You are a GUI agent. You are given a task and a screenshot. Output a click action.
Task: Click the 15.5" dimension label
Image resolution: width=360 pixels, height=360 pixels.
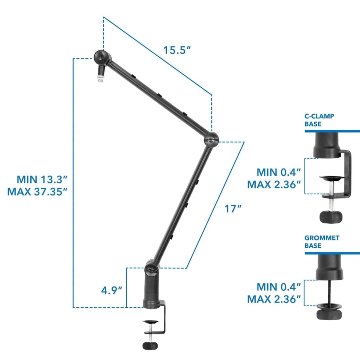pyautogui.click(x=177, y=50)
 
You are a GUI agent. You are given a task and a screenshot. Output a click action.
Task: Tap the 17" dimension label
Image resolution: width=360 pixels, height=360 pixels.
pyautogui.click(x=234, y=208)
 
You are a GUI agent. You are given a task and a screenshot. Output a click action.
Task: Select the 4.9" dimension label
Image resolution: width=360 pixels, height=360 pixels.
pyautogui.click(x=111, y=290)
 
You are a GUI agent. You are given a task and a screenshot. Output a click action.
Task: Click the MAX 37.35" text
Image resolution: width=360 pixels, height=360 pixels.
pyautogui.click(x=37, y=192)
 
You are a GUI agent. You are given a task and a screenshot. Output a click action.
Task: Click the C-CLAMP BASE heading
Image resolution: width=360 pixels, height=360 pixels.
pyautogui.click(x=319, y=120)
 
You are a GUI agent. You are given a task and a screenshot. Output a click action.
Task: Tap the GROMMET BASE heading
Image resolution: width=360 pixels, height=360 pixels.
pyautogui.click(x=322, y=242)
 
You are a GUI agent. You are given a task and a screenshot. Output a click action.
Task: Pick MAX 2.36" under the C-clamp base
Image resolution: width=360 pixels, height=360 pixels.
pyautogui.click(x=274, y=185)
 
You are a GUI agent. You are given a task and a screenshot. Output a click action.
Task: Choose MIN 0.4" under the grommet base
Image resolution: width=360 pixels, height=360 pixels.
pyautogui.click(x=278, y=286)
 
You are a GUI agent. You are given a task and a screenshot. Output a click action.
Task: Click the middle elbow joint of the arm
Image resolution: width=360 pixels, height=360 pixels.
pyautogui.click(x=211, y=139)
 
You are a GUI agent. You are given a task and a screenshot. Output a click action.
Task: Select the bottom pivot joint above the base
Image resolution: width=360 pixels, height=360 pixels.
pyautogui.click(x=152, y=268)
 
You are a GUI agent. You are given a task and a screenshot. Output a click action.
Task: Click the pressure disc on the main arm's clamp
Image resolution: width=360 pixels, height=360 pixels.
pyautogui.click(x=150, y=321)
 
